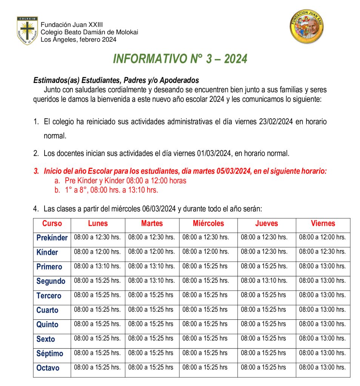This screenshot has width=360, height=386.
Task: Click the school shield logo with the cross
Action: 27,31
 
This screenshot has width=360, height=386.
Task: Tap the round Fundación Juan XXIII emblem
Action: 307,27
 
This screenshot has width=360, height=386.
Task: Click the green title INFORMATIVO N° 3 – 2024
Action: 180,59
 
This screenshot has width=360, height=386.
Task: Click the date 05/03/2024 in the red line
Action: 234,171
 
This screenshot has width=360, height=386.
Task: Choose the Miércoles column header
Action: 208,224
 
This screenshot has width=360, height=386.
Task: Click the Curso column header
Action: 52,224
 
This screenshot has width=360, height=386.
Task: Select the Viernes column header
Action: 323,224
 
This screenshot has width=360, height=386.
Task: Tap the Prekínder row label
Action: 52,238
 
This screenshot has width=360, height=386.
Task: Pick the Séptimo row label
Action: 50,354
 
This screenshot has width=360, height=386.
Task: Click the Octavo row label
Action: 48,368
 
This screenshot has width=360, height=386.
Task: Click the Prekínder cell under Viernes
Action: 322,237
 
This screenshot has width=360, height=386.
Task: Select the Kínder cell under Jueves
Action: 264,252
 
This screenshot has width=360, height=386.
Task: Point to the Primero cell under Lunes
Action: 97,266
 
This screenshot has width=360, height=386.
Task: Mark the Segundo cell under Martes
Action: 152,281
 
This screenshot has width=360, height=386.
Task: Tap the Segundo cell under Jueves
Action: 264,281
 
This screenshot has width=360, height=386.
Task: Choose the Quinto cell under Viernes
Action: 322,324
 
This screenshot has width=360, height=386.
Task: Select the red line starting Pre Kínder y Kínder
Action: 126,181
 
